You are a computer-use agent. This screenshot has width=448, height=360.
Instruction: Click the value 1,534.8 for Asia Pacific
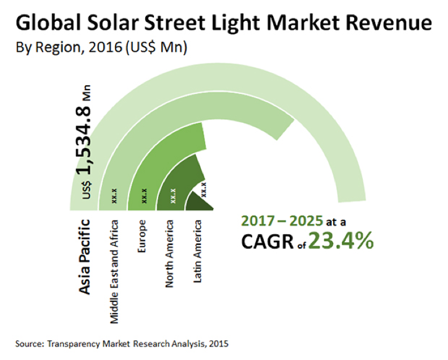[x=87, y=136]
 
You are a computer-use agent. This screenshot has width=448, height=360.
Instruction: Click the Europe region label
[x=143, y=232]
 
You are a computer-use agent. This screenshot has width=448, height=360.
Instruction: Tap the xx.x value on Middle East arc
[x=115, y=196]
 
